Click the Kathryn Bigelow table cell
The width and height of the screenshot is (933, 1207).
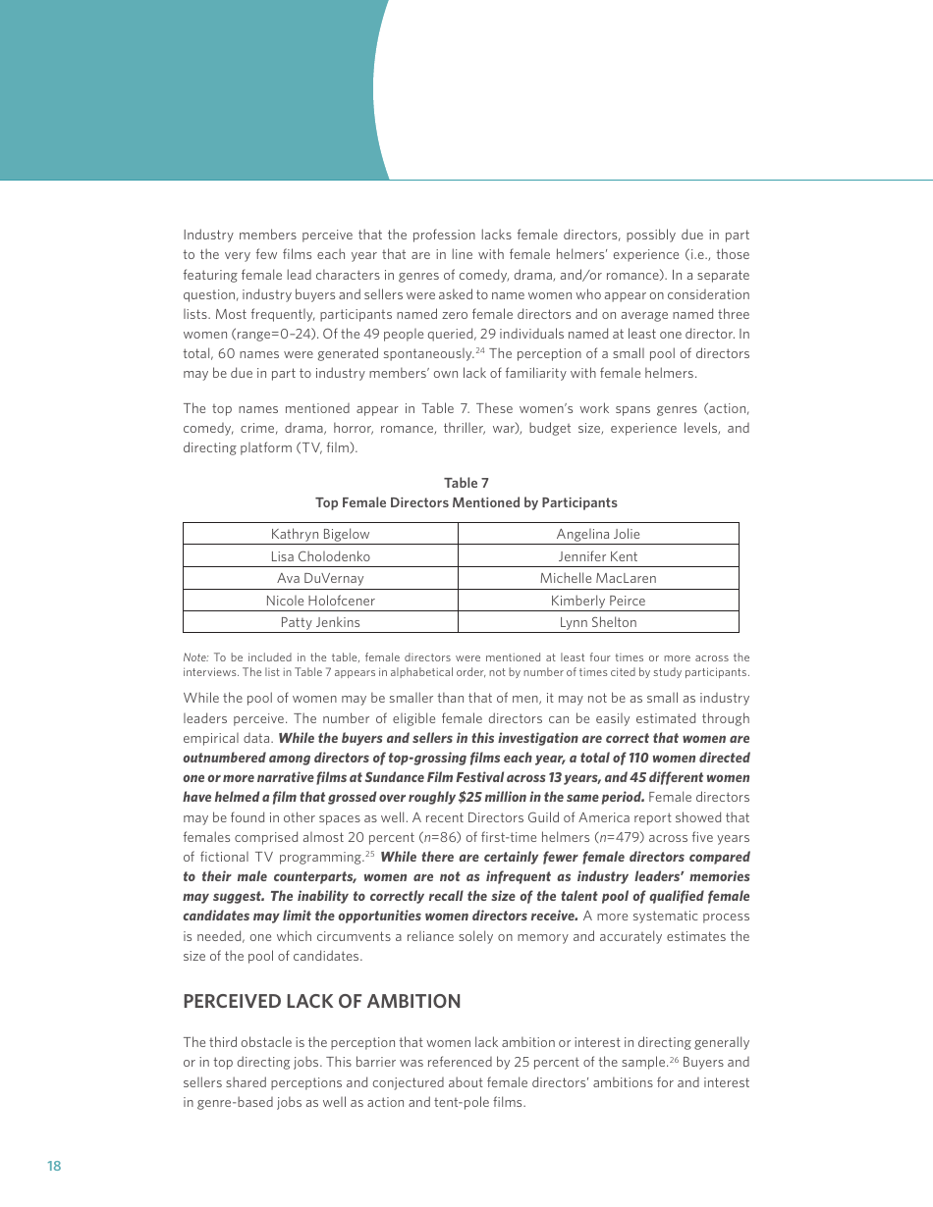pyautogui.click(x=320, y=534)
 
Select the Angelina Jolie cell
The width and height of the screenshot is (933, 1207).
pyautogui.click(x=597, y=534)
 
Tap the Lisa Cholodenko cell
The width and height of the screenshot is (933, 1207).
pyautogui.click(x=320, y=556)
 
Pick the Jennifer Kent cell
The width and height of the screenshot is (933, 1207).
pyautogui.click(x=597, y=556)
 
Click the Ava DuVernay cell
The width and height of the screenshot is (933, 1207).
pyautogui.click(x=320, y=578)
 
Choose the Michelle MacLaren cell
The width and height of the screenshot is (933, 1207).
pyautogui.click(x=597, y=578)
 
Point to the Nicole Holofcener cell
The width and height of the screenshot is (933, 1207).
pyautogui.click(x=320, y=601)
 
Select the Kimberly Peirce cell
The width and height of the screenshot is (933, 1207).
pyautogui.click(x=597, y=601)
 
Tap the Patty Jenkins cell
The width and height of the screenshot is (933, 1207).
pyautogui.click(x=320, y=622)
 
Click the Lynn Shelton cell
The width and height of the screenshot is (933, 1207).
pyautogui.click(x=597, y=622)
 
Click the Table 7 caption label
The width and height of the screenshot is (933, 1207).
pyautogui.click(x=466, y=483)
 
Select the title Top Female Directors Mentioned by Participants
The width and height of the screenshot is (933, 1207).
pyautogui.click(x=466, y=502)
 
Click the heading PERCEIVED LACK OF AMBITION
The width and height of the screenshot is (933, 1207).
pyautogui.click(x=321, y=1001)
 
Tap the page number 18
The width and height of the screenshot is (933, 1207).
pyautogui.click(x=54, y=1166)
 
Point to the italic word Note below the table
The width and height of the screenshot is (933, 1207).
pyautogui.click(x=195, y=657)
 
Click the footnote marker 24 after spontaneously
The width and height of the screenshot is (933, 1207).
pyautogui.click(x=480, y=350)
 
